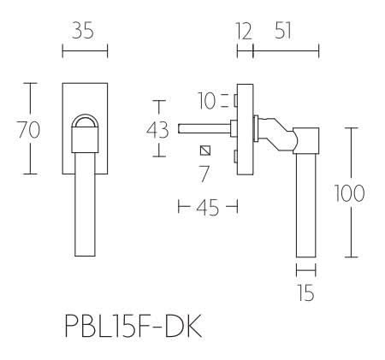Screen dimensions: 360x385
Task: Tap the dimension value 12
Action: [x=245, y=32]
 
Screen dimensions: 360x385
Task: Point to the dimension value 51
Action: [x=287, y=32]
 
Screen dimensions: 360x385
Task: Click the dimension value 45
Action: [x=205, y=206]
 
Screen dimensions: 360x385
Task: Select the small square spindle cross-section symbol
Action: [x=204, y=151]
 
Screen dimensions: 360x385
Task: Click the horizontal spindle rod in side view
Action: [x=204, y=129]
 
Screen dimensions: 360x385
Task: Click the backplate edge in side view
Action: [x=246, y=128]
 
